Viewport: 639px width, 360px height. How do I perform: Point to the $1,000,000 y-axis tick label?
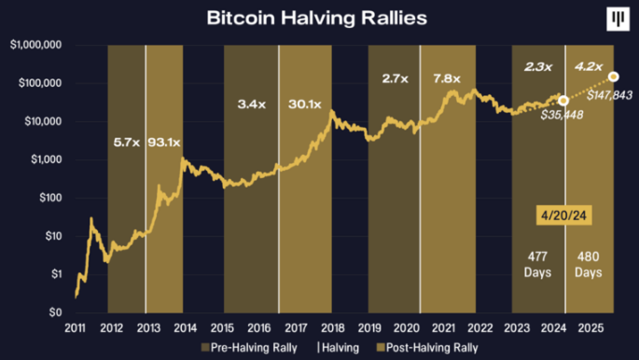pyautogui.click(x=35, y=45)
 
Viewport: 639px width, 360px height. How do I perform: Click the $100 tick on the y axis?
pyautogui.click(x=48, y=198)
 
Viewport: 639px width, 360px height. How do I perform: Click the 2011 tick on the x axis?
pyautogui.click(x=76, y=327)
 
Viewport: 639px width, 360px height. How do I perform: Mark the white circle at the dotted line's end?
pyautogui.click(x=613, y=76)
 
